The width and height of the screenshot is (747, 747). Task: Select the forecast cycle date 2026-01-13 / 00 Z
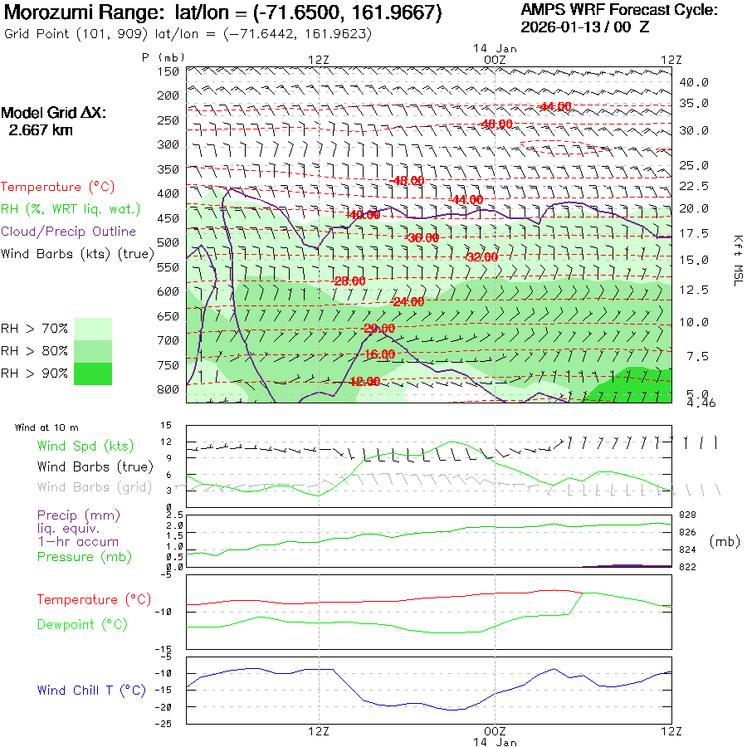point(585,27)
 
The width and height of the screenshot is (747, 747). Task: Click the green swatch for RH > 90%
point(93,373)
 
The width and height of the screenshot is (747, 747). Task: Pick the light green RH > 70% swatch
point(93,329)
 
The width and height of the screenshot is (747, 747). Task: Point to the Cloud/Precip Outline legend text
point(69,232)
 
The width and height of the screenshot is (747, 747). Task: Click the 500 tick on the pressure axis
point(168,242)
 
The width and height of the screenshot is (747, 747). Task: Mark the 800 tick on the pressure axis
point(168,389)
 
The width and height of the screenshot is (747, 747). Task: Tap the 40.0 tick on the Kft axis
point(694,82)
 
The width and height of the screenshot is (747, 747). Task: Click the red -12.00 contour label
point(364,382)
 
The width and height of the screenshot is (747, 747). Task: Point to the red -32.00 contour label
point(482,257)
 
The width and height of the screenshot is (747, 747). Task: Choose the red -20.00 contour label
point(379,329)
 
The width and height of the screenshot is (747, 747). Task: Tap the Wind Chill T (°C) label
point(91,690)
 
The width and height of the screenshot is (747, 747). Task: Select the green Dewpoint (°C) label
point(83,624)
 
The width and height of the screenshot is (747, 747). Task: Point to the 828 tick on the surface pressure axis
point(687,515)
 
